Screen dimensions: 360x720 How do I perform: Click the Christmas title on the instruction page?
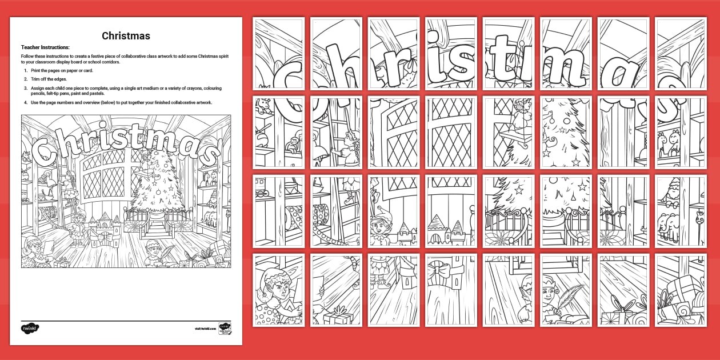[126, 36]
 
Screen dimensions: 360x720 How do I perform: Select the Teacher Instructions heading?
[45, 47]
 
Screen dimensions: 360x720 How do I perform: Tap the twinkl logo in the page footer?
[30, 329]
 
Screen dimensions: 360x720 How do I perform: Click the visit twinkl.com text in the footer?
[204, 329]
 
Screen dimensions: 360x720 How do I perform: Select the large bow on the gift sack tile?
[446, 269]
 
